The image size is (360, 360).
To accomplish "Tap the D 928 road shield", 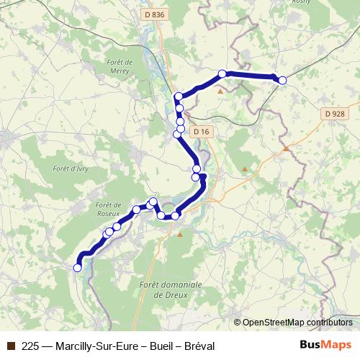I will [x=334, y=114].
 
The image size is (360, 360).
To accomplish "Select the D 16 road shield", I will [x=203, y=132].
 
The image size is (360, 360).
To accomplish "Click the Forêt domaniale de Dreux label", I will [x=163, y=289].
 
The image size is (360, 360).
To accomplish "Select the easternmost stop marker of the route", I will [x=282, y=81].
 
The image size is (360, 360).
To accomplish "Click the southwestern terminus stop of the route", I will [x=78, y=268].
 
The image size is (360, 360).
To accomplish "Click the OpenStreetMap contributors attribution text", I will [x=297, y=322].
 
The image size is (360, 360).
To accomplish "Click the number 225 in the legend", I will [x=30, y=346].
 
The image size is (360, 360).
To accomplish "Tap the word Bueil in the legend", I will [x=157, y=346].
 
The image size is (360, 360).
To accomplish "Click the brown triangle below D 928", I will [x=286, y=148].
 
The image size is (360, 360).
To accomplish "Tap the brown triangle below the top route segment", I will [x=220, y=91].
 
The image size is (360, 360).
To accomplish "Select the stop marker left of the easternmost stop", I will [x=222, y=73].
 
